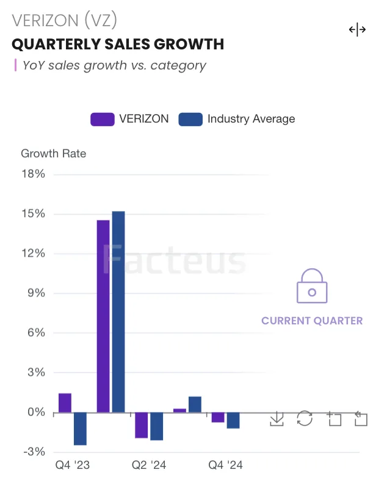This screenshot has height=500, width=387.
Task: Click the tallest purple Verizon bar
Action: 103,316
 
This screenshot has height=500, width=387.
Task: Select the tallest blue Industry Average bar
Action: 118,312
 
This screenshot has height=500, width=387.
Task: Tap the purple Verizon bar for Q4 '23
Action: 65,403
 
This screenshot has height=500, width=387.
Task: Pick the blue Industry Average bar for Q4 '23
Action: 80,429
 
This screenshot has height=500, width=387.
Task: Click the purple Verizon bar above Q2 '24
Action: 142,425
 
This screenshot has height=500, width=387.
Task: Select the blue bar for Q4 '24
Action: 233,420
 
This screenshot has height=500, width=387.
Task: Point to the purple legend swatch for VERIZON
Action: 102,119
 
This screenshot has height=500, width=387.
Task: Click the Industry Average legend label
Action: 251,119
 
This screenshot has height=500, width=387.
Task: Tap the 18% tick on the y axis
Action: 34,174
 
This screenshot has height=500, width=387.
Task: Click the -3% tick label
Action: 34,452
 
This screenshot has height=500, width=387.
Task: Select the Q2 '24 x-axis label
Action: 149,465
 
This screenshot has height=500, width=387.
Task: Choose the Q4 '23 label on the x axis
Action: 73,465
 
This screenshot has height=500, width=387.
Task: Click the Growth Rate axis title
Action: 54,153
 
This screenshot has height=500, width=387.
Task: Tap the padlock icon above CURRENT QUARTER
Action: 312,287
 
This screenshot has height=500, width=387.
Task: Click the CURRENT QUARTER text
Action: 312,321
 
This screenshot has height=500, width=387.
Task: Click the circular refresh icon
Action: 305,418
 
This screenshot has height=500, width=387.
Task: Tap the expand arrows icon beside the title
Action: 357,30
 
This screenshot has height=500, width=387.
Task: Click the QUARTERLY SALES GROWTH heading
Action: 118,45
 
